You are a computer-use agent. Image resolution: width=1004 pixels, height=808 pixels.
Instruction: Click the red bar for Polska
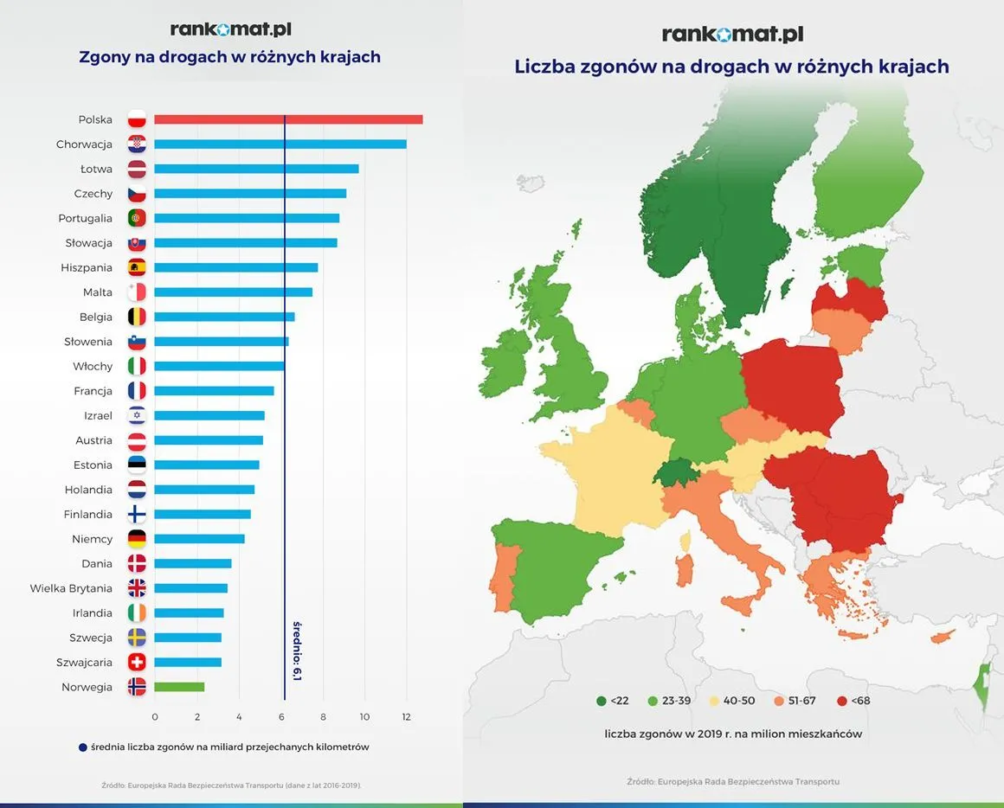[288, 119]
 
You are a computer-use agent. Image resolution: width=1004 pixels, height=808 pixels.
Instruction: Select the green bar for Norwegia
[179, 687]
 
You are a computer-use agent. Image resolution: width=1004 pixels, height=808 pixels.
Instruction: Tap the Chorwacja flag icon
[137, 144]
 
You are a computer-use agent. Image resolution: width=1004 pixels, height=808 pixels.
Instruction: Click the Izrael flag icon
[137, 415]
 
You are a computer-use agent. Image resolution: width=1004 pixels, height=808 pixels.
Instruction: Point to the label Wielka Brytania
[71, 588]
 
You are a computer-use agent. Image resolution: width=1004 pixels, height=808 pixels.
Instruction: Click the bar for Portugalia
[247, 218]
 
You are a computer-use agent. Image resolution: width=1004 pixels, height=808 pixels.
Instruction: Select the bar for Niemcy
[199, 539]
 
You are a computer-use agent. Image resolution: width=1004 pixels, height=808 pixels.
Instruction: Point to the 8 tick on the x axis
[323, 717]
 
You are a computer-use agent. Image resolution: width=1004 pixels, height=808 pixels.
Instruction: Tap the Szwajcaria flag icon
[137, 663]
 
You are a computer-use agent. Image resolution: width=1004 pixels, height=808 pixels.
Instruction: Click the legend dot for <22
[601, 701]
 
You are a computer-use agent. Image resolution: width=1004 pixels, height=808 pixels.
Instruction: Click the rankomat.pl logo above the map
[732, 34]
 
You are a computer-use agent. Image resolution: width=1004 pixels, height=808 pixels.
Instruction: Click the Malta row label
[97, 292]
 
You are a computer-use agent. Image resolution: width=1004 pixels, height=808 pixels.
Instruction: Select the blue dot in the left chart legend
[82, 747]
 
